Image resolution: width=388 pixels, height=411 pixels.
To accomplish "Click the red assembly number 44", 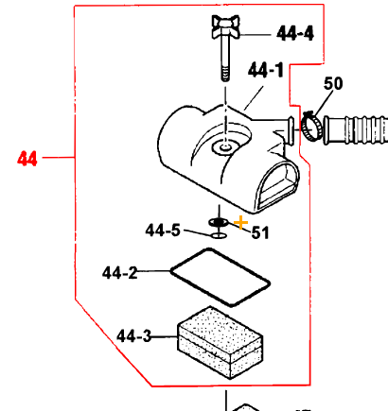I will tap(27, 159).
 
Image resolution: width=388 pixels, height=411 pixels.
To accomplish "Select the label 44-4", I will tap(295, 34).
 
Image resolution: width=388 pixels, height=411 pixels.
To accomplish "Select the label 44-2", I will tap(119, 273).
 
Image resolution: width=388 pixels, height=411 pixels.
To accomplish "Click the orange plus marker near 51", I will tap(240, 223).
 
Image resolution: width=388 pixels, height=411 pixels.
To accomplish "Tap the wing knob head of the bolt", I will tap(231, 26).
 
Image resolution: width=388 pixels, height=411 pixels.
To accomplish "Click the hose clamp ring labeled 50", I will tap(310, 123).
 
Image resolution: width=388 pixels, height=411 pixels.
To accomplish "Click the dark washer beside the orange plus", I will tap(218, 223).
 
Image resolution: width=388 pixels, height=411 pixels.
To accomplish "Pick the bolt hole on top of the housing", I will tap(225, 146).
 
